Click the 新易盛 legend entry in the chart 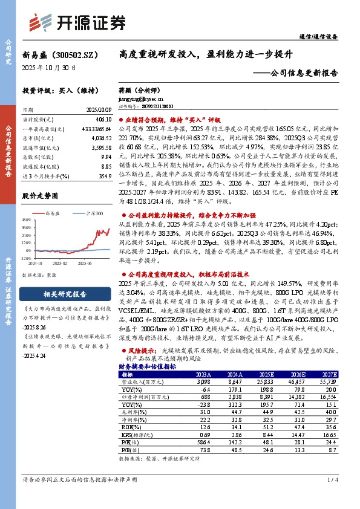pos(54,213)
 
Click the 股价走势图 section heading pos(40,196)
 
